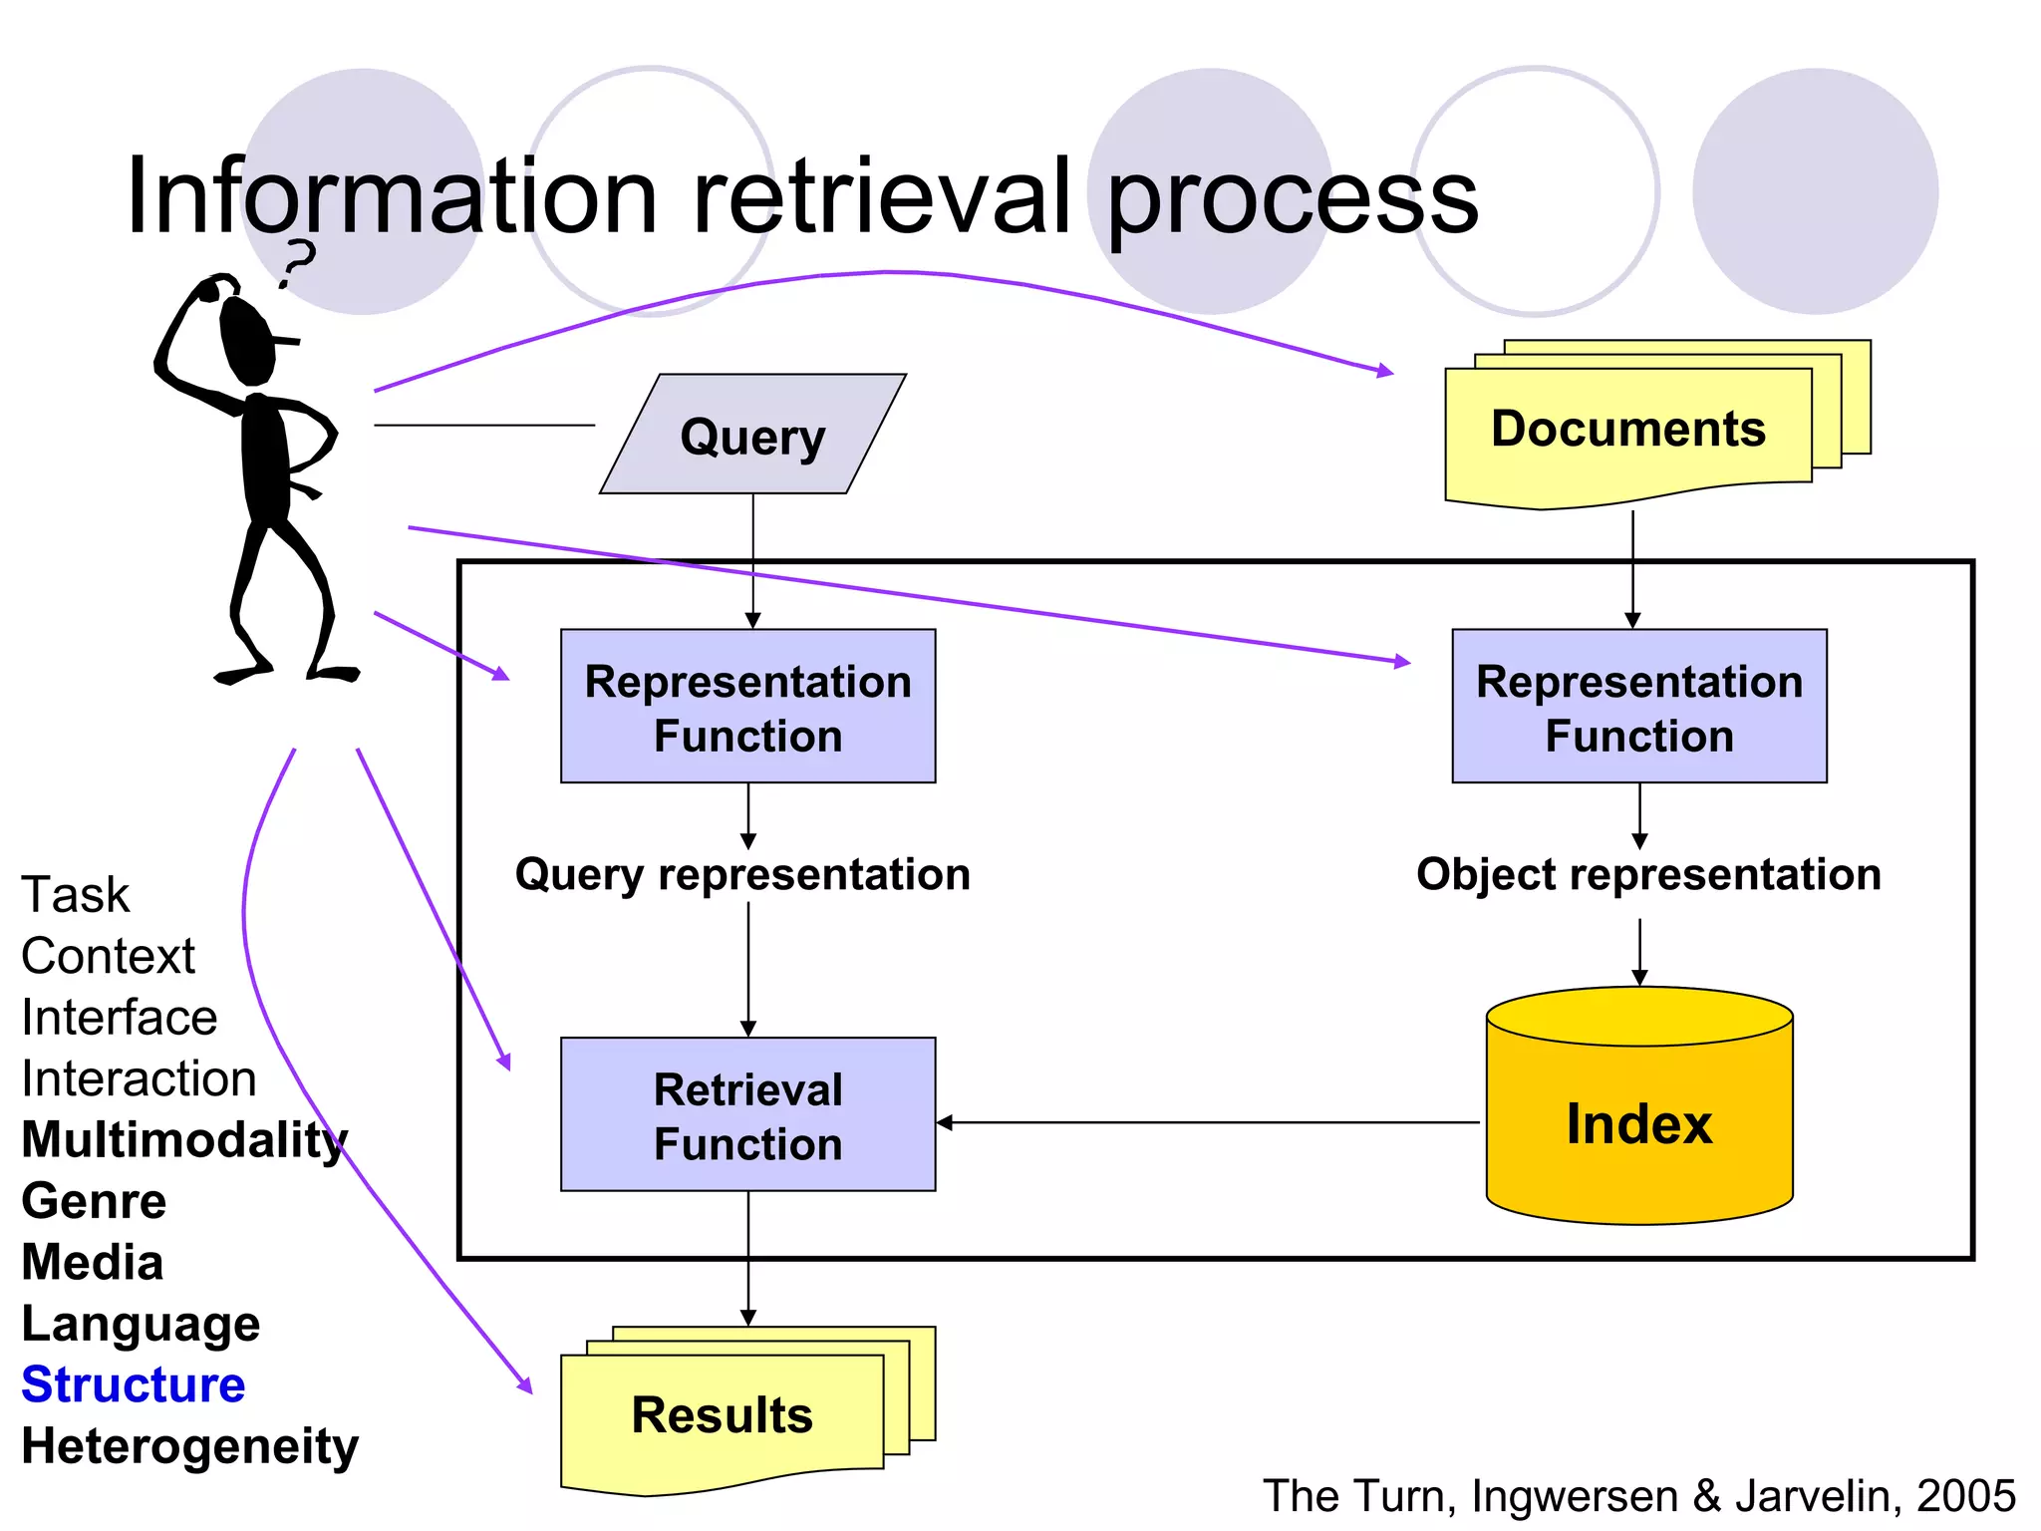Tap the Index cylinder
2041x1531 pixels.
(1639, 1123)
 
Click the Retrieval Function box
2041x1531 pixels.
(747, 1114)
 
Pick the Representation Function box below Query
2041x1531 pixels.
(747, 707)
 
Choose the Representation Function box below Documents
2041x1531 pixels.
(1639, 707)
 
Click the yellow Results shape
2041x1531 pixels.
(723, 1415)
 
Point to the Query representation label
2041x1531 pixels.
(742, 874)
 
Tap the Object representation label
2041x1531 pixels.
(1648, 874)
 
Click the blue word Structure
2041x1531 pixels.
(134, 1384)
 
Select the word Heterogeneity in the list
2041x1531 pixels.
(189, 1446)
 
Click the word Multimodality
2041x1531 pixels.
(184, 1139)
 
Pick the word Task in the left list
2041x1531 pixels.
(76, 894)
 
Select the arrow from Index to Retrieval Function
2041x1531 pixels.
(1206, 1122)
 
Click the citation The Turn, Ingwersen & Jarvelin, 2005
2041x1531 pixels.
(1638, 1496)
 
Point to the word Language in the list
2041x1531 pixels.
(141, 1324)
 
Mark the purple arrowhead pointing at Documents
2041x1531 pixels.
(1385, 371)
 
